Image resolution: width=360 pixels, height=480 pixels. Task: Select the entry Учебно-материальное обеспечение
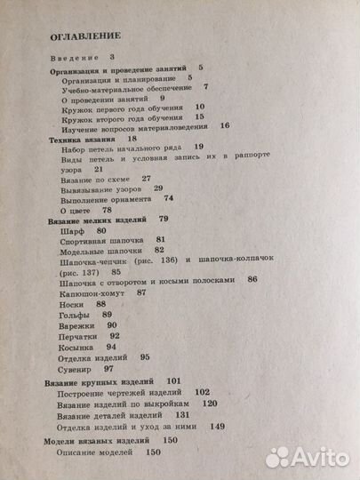[x=126, y=87]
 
